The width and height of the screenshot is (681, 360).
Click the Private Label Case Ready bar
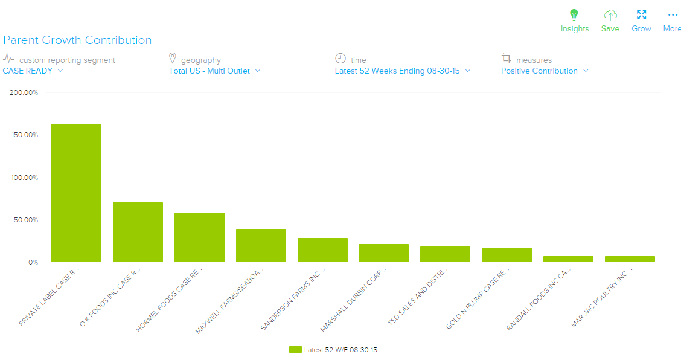[x=76, y=193]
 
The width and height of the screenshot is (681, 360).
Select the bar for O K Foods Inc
[x=138, y=232]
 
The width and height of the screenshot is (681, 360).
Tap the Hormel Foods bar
[x=199, y=237]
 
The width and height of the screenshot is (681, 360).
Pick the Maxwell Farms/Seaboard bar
[x=261, y=245]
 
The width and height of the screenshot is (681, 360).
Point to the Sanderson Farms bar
[x=322, y=250]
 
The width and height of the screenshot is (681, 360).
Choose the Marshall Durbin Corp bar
[x=383, y=253]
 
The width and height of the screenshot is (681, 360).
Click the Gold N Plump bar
[x=507, y=255]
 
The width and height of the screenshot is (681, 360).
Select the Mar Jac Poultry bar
[x=630, y=259]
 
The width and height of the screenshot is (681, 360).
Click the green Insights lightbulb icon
[x=574, y=15]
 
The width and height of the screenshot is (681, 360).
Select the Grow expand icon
[x=641, y=15]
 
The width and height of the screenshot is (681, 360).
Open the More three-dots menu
[x=673, y=15]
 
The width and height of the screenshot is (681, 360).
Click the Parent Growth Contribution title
[x=77, y=40]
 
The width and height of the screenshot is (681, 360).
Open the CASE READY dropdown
[x=33, y=71]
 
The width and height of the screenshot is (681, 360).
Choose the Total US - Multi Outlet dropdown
[x=214, y=71]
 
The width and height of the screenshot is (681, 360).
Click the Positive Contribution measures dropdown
[x=545, y=71]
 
